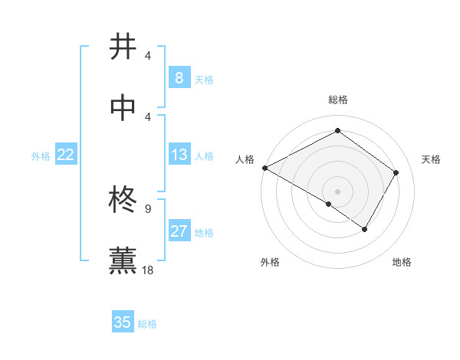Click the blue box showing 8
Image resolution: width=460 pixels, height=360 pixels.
pyautogui.click(x=179, y=78)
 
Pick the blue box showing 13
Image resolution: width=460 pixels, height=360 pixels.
pyautogui.click(x=179, y=155)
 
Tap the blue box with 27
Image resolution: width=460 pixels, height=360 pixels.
pyautogui.click(x=179, y=231)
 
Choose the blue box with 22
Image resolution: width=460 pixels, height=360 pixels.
pyautogui.click(x=65, y=155)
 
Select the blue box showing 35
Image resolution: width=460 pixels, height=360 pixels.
pyautogui.click(x=122, y=322)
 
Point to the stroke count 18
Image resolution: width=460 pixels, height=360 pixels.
pyautogui.click(x=149, y=270)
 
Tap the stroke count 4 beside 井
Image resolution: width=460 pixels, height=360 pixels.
pyautogui.click(x=148, y=56)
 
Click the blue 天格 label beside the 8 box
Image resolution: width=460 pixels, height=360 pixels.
pyautogui.click(x=204, y=80)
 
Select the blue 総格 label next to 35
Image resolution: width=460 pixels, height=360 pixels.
pyautogui.click(x=147, y=324)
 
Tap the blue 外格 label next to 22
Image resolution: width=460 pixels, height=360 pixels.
pyautogui.click(x=41, y=156)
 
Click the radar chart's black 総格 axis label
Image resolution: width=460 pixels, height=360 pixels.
pyautogui.click(x=338, y=100)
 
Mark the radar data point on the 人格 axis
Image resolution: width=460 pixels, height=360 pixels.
pyautogui.click(x=264, y=168)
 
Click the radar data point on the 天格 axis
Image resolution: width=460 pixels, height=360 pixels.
pyautogui.click(x=396, y=172)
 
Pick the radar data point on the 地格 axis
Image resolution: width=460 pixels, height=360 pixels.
pyautogui.click(x=365, y=229)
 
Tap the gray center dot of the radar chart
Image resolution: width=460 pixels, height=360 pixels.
pyautogui.click(x=338, y=191)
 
